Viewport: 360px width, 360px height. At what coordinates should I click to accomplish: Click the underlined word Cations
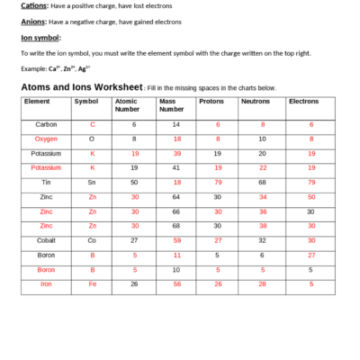coord(34,6)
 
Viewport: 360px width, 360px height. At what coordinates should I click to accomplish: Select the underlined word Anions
coord(33,22)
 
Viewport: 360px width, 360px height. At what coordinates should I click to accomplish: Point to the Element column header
coord(37,101)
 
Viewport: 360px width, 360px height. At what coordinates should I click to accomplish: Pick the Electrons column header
coord(303,101)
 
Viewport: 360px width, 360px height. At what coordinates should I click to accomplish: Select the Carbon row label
coord(47,124)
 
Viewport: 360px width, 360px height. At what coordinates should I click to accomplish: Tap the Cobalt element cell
coord(47,240)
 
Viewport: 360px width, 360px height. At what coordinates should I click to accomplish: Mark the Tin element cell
coord(47,182)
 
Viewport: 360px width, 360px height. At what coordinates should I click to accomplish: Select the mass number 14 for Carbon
coord(176,124)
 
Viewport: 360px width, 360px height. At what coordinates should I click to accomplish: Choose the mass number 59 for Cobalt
coord(176,240)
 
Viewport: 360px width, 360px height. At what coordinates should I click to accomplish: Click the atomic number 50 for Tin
coord(134,182)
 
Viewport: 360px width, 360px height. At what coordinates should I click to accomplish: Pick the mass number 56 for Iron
coord(176,283)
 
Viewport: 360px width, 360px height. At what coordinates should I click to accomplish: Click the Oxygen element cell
coord(47,139)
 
